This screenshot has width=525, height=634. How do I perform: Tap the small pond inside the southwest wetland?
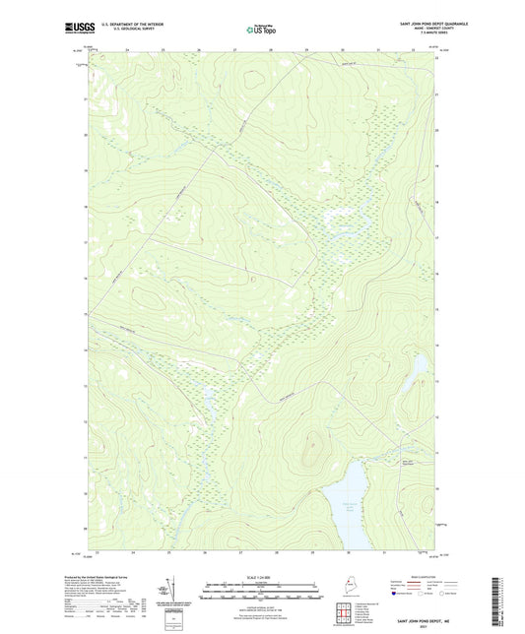coord(209,399)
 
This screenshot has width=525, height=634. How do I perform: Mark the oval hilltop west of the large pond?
coord(314,448)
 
